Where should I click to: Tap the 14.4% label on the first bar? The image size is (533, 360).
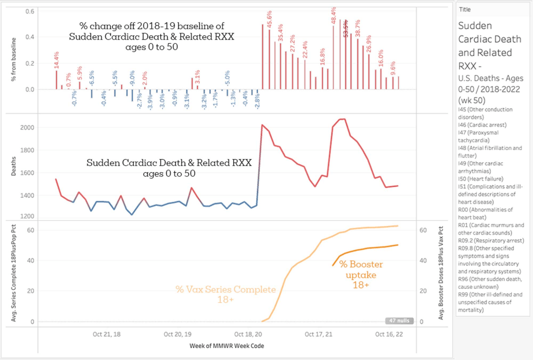[56, 60]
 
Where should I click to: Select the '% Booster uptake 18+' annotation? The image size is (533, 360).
[358, 274]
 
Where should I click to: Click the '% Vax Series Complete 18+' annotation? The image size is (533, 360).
[215, 294]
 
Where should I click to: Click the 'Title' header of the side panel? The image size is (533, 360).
[465, 9]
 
